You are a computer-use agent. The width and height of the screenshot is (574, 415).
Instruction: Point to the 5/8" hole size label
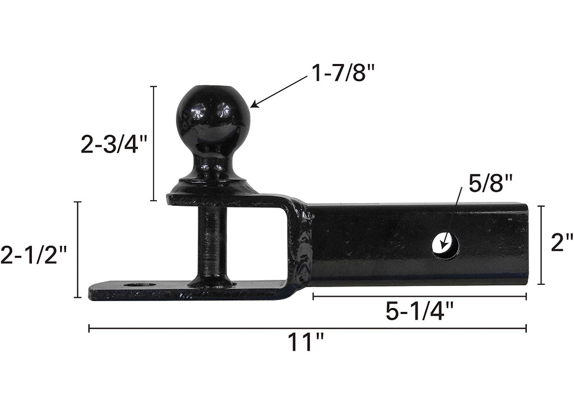[490, 183]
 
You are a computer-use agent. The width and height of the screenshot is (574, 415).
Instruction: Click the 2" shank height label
[562, 242]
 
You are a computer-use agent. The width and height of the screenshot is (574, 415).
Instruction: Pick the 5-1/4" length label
[419, 312]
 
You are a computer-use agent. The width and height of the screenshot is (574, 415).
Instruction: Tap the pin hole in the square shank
[446, 245]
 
